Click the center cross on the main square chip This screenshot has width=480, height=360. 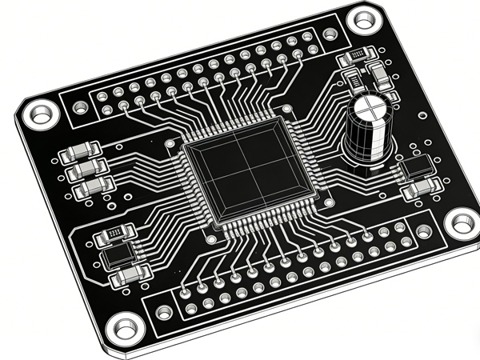pyautogui.click(x=247, y=169)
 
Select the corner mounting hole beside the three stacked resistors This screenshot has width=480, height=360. pyautogui.click(x=40, y=113)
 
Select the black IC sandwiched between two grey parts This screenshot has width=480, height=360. pyautogui.click(x=119, y=255)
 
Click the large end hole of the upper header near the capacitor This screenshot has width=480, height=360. pyautogui.click(x=330, y=34)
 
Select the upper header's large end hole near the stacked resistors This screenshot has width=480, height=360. pyautogui.click(x=80, y=106)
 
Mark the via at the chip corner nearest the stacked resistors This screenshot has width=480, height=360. pyautogui.click(x=170, y=143)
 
